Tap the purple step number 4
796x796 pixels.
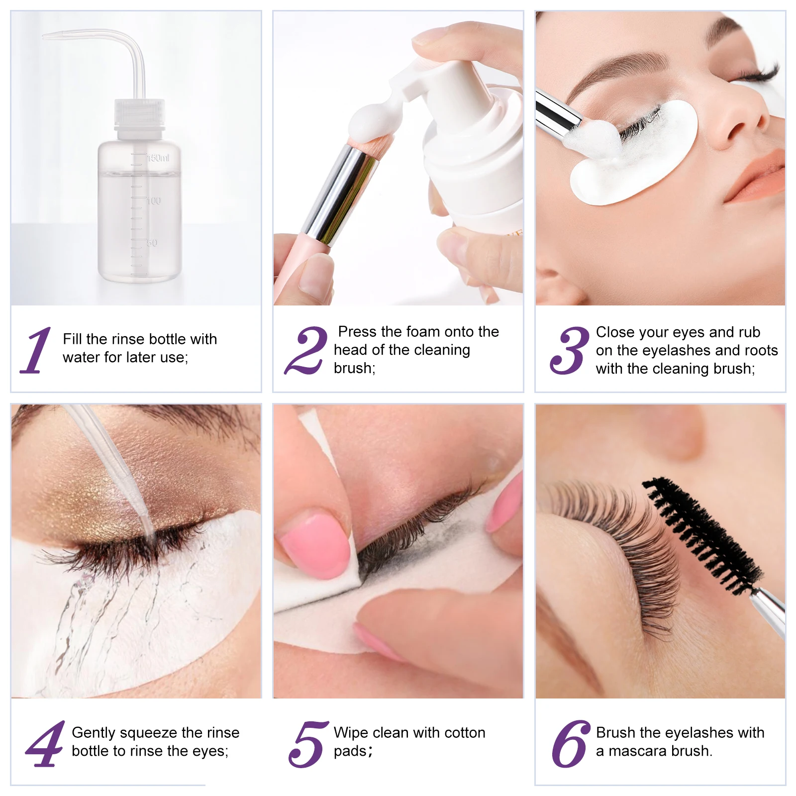click(x=45, y=744)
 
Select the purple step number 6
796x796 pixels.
click(x=570, y=744)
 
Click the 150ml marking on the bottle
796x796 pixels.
click(x=158, y=158)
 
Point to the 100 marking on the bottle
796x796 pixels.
click(x=154, y=201)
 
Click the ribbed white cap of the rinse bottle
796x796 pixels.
click(x=139, y=112)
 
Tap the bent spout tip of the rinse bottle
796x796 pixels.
click(x=46, y=36)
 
